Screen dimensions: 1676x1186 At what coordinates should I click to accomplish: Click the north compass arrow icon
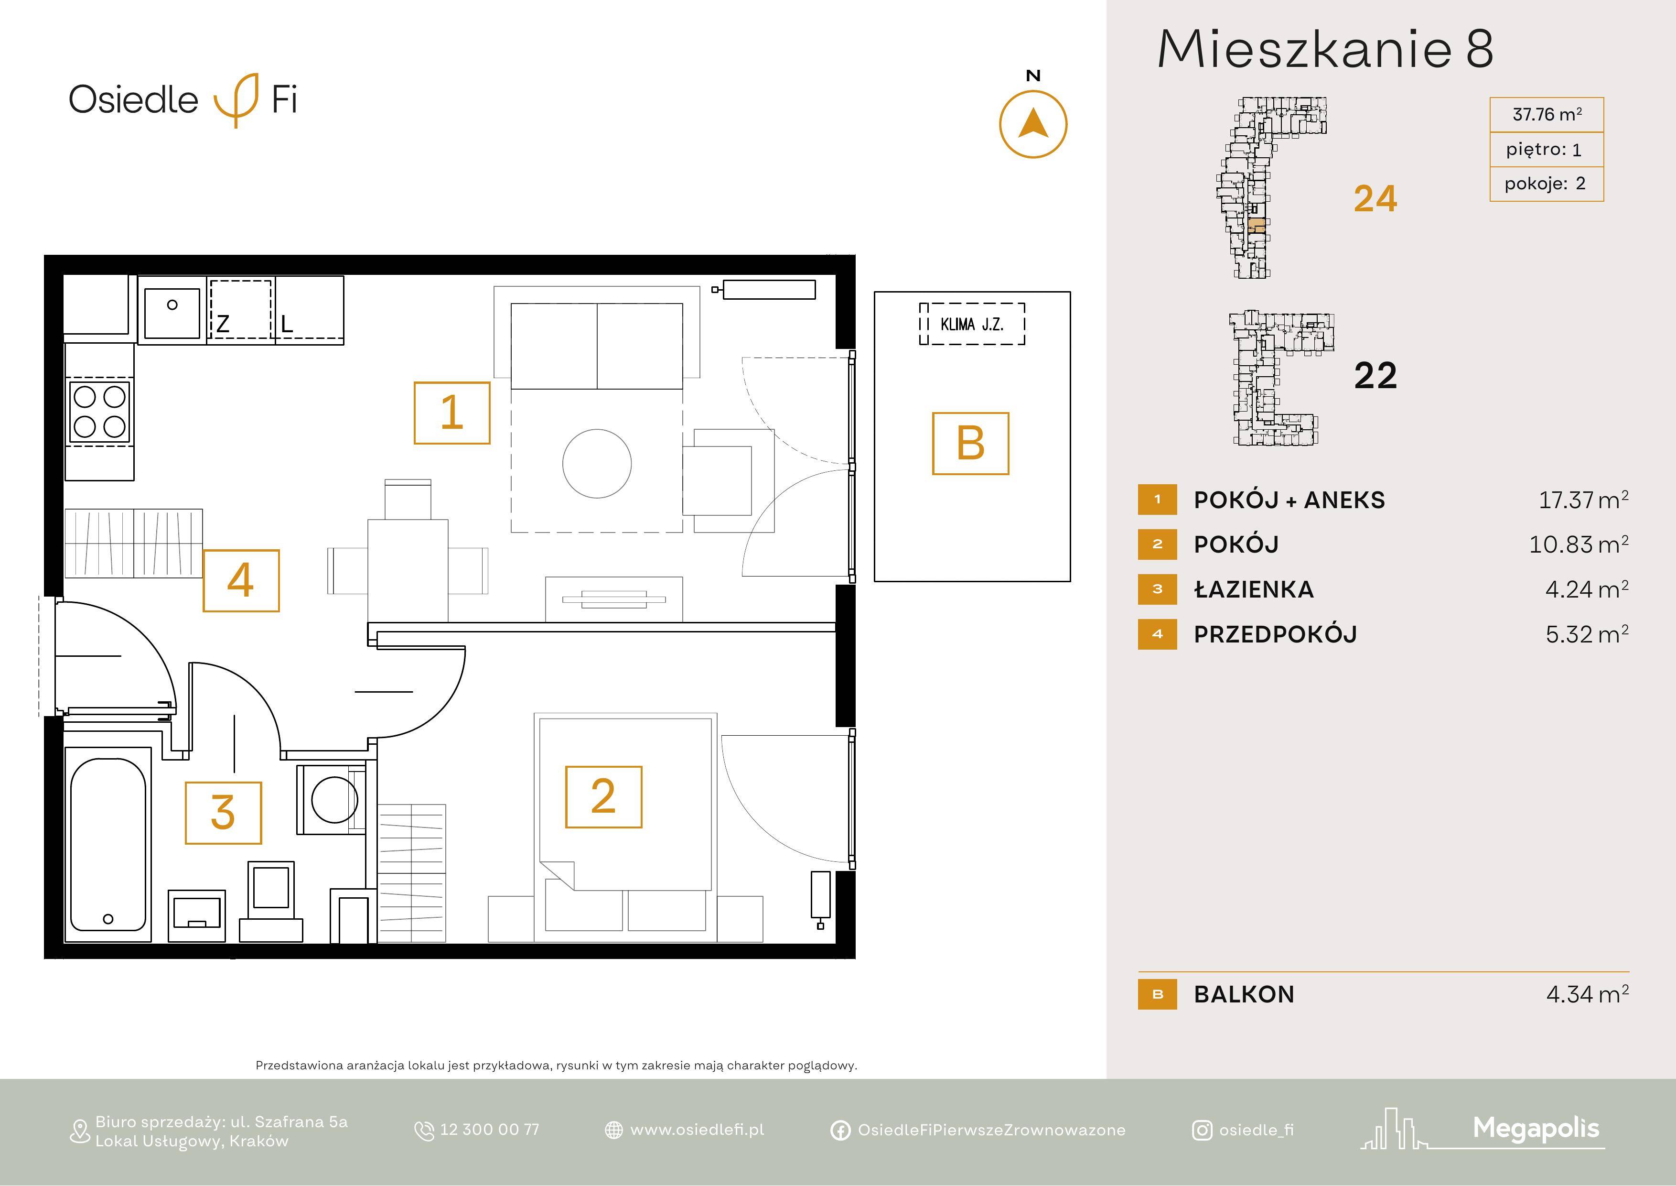point(1033,124)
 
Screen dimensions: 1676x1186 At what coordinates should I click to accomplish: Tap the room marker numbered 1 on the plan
point(452,413)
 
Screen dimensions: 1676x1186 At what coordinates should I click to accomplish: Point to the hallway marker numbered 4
point(241,581)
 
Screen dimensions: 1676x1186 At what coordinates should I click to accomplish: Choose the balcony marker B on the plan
point(971,443)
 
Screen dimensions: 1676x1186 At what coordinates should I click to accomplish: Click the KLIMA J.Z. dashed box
point(972,324)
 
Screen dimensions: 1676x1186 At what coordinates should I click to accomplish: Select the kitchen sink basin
point(172,313)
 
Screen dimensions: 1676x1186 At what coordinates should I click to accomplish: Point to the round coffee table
point(597,463)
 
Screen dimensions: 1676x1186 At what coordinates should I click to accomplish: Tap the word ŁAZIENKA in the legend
point(1253,589)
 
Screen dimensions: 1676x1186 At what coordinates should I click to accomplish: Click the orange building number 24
point(1375,199)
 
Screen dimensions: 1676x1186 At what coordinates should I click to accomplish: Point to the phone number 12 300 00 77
point(490,1129)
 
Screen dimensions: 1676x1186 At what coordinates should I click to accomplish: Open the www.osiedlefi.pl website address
point(697,1129)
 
